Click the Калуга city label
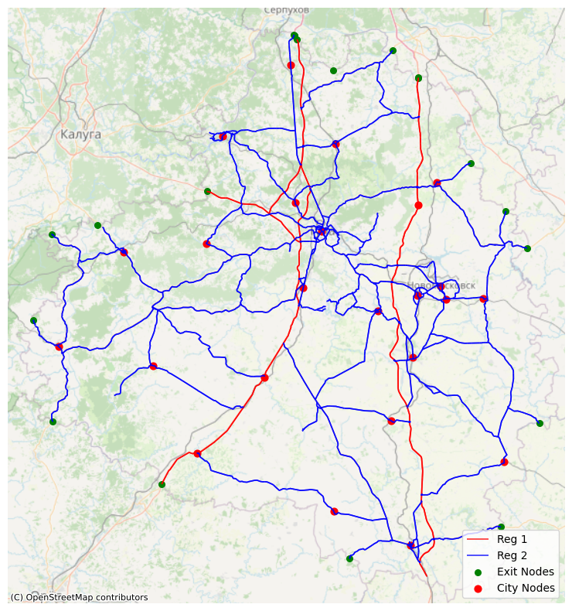pyautogui.click(x=80, y=135)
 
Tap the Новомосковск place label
pyautogui.click(x=441, y=285)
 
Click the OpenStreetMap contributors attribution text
pyautogui.click(x=79, y=597)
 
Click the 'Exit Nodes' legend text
pyautogui.click(x=525, y=572)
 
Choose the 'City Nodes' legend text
pyautogui.click(x=526, y=588)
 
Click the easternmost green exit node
pyautogui.click(x=540, y=423)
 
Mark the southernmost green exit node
pyautogui.click(x=349, y=558)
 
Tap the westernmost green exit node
pyautogui.click(x=33, y=320)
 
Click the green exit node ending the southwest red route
pyautogui.click(x=162, y=485)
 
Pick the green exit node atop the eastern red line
pyautogui.click(x=418, y=78)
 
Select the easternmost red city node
pyautogui.click(x=504, y=463)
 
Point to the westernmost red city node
pyautogui.click(x=59, y=346)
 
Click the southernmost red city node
pyautogui.click(x=411, y=545)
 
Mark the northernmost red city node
pyautogui.click(x=291, y=65)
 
